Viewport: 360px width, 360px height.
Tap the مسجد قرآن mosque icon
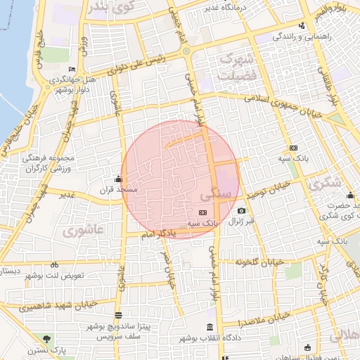[117, 179]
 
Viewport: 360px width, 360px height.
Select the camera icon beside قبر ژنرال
[241, 210]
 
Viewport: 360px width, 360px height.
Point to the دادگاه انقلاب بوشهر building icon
[210, 328]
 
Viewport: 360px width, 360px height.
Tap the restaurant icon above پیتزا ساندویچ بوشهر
[117, 315]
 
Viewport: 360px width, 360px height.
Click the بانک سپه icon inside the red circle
[202, 212]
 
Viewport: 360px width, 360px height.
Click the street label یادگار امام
[167, 233]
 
